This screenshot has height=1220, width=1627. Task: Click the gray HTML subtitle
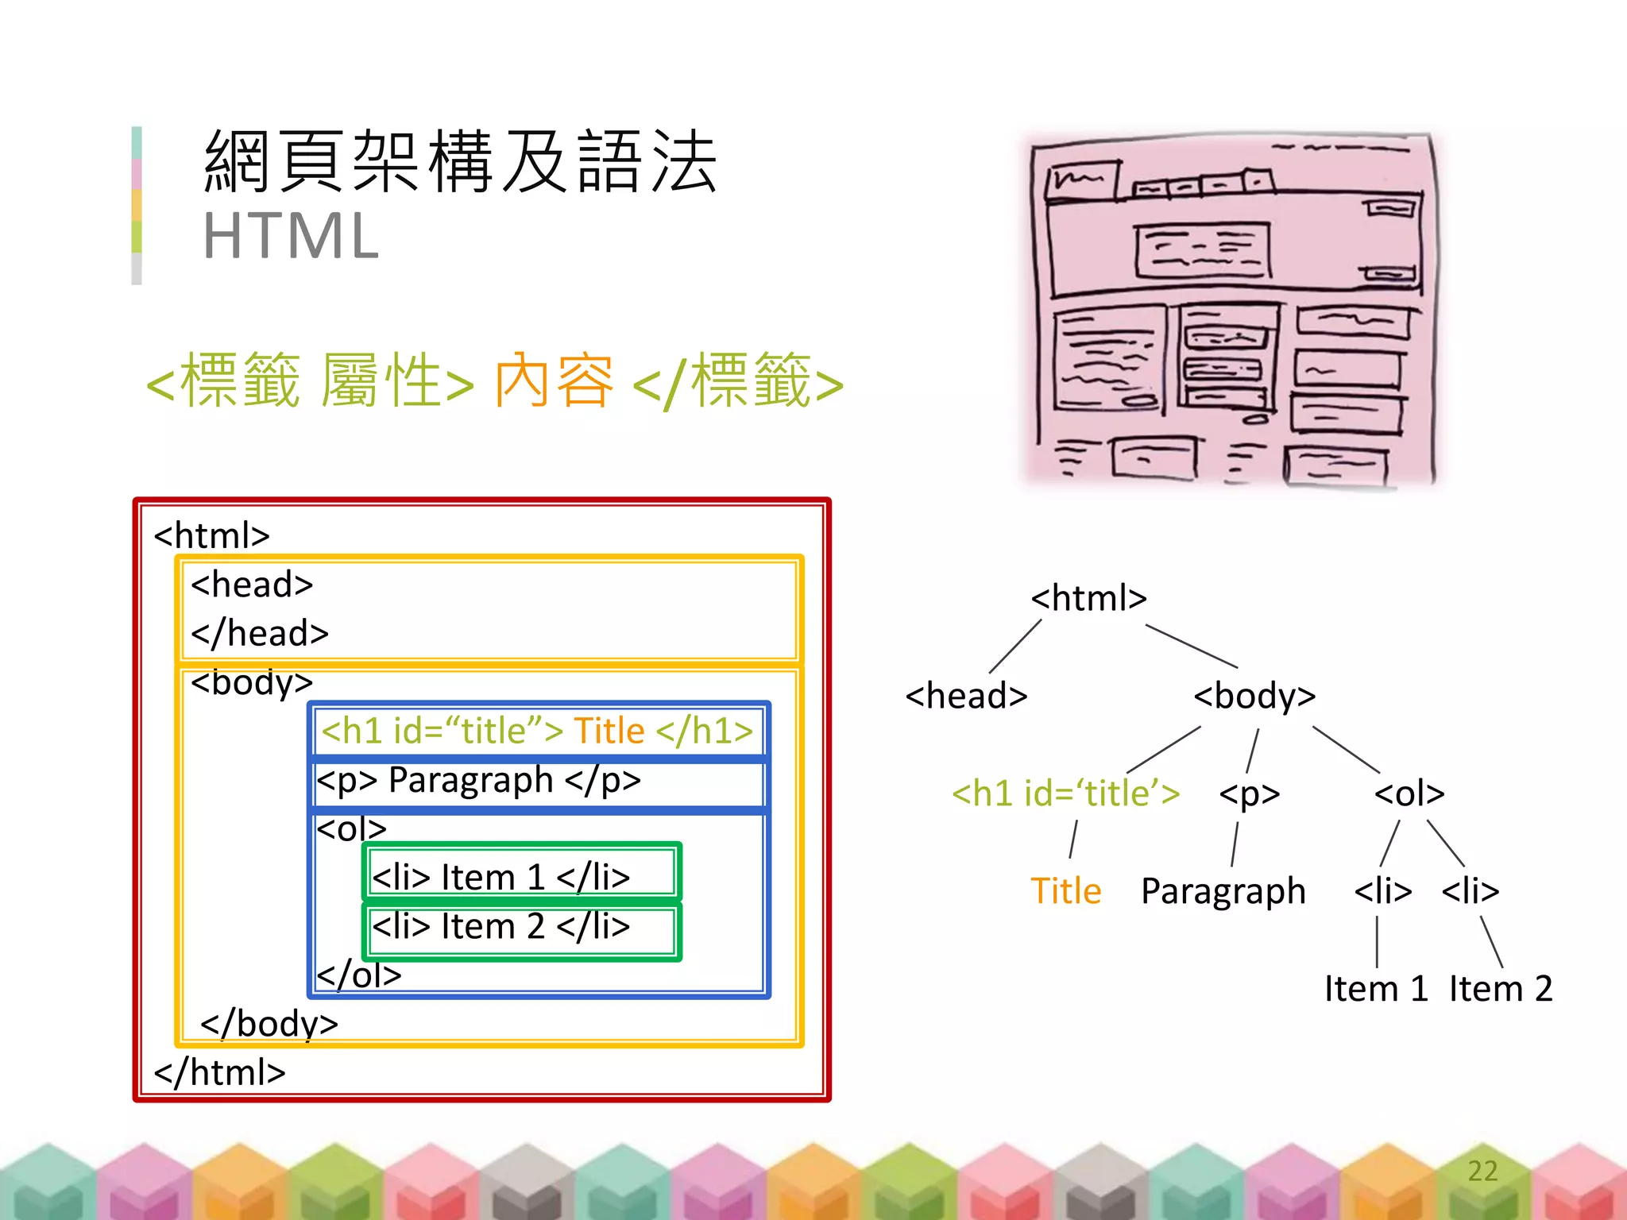291,236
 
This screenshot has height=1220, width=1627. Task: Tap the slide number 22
1482,1170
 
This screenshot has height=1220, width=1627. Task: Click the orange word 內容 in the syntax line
554,381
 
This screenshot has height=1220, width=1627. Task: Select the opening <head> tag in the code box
252,585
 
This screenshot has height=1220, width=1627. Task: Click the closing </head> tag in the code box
260,634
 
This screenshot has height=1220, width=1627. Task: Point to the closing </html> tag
219,1073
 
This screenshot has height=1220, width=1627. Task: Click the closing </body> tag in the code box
269,1024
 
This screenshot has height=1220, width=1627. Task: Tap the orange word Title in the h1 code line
609,731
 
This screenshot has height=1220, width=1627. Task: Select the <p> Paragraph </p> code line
478,780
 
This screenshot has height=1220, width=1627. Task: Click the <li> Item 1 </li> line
500,878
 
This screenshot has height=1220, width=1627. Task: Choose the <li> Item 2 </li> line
500,927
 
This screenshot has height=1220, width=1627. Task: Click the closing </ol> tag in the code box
359,975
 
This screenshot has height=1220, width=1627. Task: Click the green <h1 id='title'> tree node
1065,793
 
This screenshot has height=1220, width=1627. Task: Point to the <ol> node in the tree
1409,793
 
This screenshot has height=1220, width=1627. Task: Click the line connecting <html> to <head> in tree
1015,647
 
